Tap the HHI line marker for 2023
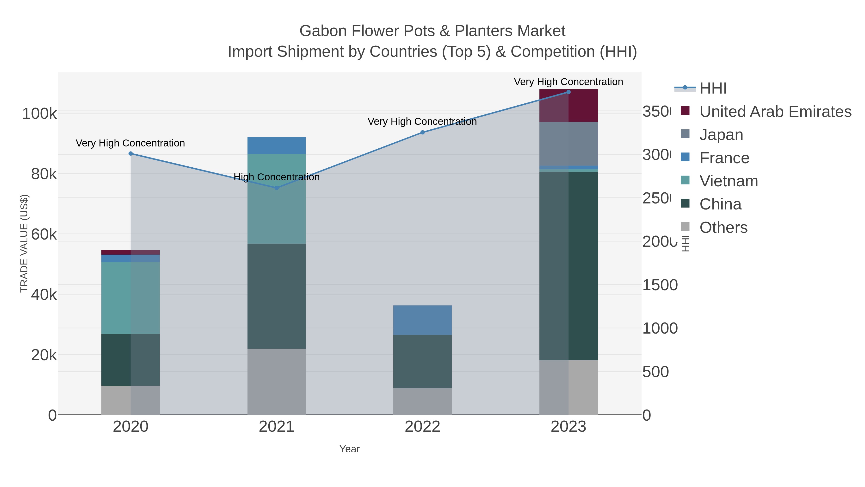pos(568,92)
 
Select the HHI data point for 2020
pos(131,154)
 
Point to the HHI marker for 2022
pos(422,133)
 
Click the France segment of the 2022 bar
pos(422,320)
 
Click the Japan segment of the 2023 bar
pos(568,144)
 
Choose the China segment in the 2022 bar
pos(422,361)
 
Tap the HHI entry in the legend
pos(713,89)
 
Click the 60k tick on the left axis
pos(44,234)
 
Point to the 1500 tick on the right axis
pos(660,285)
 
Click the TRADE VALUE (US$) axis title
pos(24,243)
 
